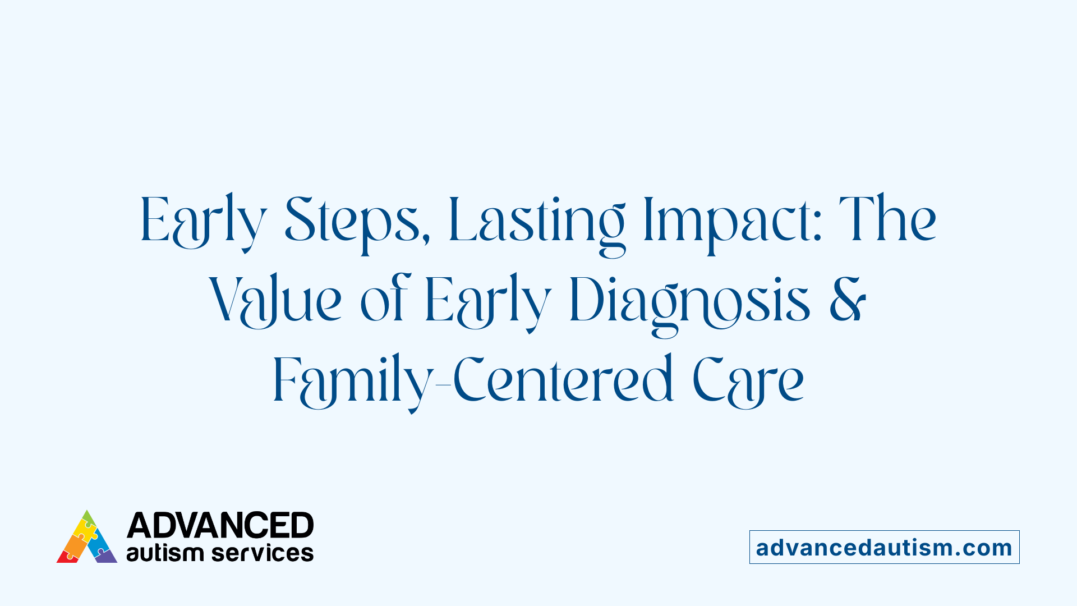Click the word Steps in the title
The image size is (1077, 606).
coord(353,222)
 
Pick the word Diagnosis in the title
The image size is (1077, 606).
coord(690,303)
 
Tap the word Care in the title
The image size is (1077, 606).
coord(748,382)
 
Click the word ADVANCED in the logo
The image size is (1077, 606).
coord(220,526)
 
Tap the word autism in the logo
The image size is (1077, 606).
coord(164,553)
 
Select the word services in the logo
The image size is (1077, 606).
coord(263,553)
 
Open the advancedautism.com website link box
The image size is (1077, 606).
coord(884,547)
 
